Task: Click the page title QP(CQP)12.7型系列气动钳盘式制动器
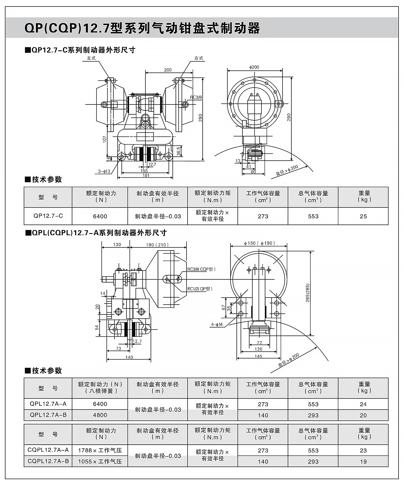[142, 28]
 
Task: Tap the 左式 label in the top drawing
[91, 58]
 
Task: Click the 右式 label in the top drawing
[199, 58]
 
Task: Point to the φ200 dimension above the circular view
[254, 67]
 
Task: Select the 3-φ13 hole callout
[104, 171]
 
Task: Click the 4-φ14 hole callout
[217, 325]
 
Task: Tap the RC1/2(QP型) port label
[200, 289]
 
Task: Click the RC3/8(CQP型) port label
[201, 269]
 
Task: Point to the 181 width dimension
[146, 175]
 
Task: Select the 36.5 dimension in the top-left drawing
[179, 151]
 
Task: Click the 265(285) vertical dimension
[307, 292]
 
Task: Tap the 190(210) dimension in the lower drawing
[157, 245]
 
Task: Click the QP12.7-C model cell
[48, 216]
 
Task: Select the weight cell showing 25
[363, 216]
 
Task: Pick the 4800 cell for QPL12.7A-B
[100, 415]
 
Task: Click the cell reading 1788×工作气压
[100, 450]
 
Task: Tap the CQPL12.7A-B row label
[48, 461]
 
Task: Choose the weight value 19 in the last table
[363, 462]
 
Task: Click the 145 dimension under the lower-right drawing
[258, 356]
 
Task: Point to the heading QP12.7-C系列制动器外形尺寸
[83, 50]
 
